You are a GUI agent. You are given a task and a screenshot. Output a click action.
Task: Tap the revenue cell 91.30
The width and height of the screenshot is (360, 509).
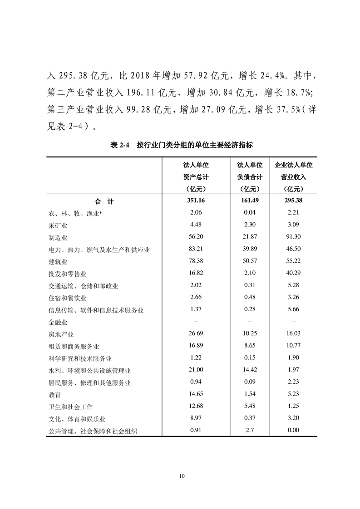[293, 237]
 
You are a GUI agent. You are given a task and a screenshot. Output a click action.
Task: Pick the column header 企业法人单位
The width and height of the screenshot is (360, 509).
[294, 165]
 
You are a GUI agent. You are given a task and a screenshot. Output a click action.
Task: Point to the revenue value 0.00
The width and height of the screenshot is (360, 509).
[293, 430]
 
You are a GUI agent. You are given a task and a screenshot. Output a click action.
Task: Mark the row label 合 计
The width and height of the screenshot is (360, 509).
[104, 201]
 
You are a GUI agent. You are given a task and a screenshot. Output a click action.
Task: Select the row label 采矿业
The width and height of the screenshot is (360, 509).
[58, 225]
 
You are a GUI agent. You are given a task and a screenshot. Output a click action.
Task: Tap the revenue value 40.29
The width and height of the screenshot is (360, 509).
[293, 274]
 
